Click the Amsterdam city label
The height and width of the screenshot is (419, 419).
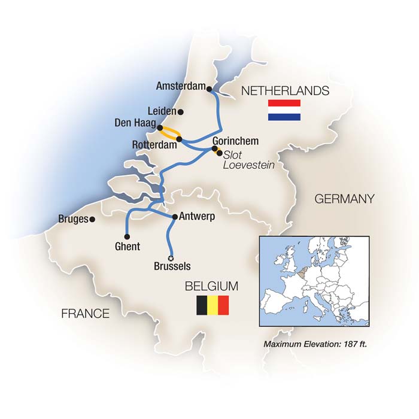(180, 86)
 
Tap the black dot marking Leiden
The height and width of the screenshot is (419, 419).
(181, 111)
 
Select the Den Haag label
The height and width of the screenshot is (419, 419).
(135, 123)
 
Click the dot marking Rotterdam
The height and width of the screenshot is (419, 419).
(179, 139)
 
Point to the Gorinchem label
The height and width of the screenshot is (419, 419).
(235, 141)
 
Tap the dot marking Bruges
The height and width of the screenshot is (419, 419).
(92, 220)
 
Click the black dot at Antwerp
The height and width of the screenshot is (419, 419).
(174, 217)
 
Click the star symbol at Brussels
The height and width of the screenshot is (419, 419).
(171, 258)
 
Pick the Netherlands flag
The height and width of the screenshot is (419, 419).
(284, 111)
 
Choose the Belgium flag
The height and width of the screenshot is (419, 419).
(213, 305)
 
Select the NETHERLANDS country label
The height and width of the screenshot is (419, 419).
(284, 91)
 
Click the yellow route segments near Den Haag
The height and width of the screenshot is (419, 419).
(169, 132)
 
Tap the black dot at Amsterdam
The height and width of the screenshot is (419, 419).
(209, 89)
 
